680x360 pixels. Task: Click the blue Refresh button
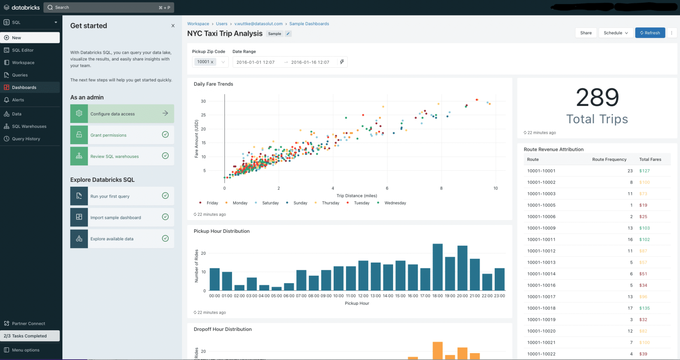[x=650, y=33]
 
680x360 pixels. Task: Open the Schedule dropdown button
[x=616, y=33]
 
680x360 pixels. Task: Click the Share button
[x=586, y=33]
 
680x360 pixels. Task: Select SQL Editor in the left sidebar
[x=23, y=50]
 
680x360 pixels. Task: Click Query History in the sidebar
[x=26, y=139]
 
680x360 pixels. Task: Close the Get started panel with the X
[x=173, y=26]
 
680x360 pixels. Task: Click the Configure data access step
[x=122, y=114]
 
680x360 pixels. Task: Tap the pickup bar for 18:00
[x=437, y=267]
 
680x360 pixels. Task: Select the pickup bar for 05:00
[x=276, y=288]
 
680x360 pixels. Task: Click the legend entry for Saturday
[x=270, y=203]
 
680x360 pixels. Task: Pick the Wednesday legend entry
[x=395, y=203]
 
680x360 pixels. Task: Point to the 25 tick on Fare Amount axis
[x=203, y=115]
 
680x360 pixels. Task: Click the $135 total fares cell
[x=644, y=308]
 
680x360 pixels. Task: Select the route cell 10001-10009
[x=541, y=228]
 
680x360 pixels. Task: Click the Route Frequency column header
[x=609, y=159]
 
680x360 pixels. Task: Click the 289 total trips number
[x=597, y=98]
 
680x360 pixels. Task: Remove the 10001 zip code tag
[x=212, y=62]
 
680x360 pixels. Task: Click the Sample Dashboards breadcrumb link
[x=309, y=24]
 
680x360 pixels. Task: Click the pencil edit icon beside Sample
[x=288, y=34]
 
